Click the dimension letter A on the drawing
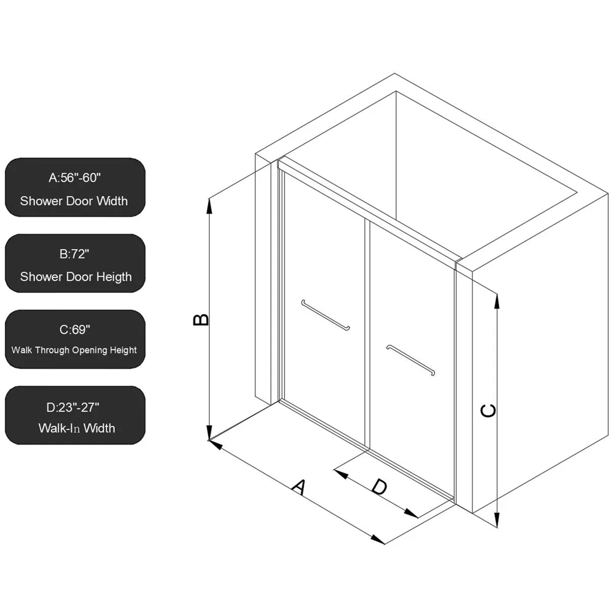coord(299,487)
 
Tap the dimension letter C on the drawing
coord(488,410)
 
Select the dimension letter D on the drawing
coord(379,487)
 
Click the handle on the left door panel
coord(325,315)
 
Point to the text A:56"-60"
coord(75,178)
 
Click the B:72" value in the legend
coord(75,254)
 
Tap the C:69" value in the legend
coord(75,329)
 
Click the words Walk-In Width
coord(77,428)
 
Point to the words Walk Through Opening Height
coord(74,350)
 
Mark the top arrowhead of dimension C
coord(497,300)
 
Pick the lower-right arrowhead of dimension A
coord(378,539)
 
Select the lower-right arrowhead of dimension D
coord(411,513)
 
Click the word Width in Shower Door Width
coord(112,201)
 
